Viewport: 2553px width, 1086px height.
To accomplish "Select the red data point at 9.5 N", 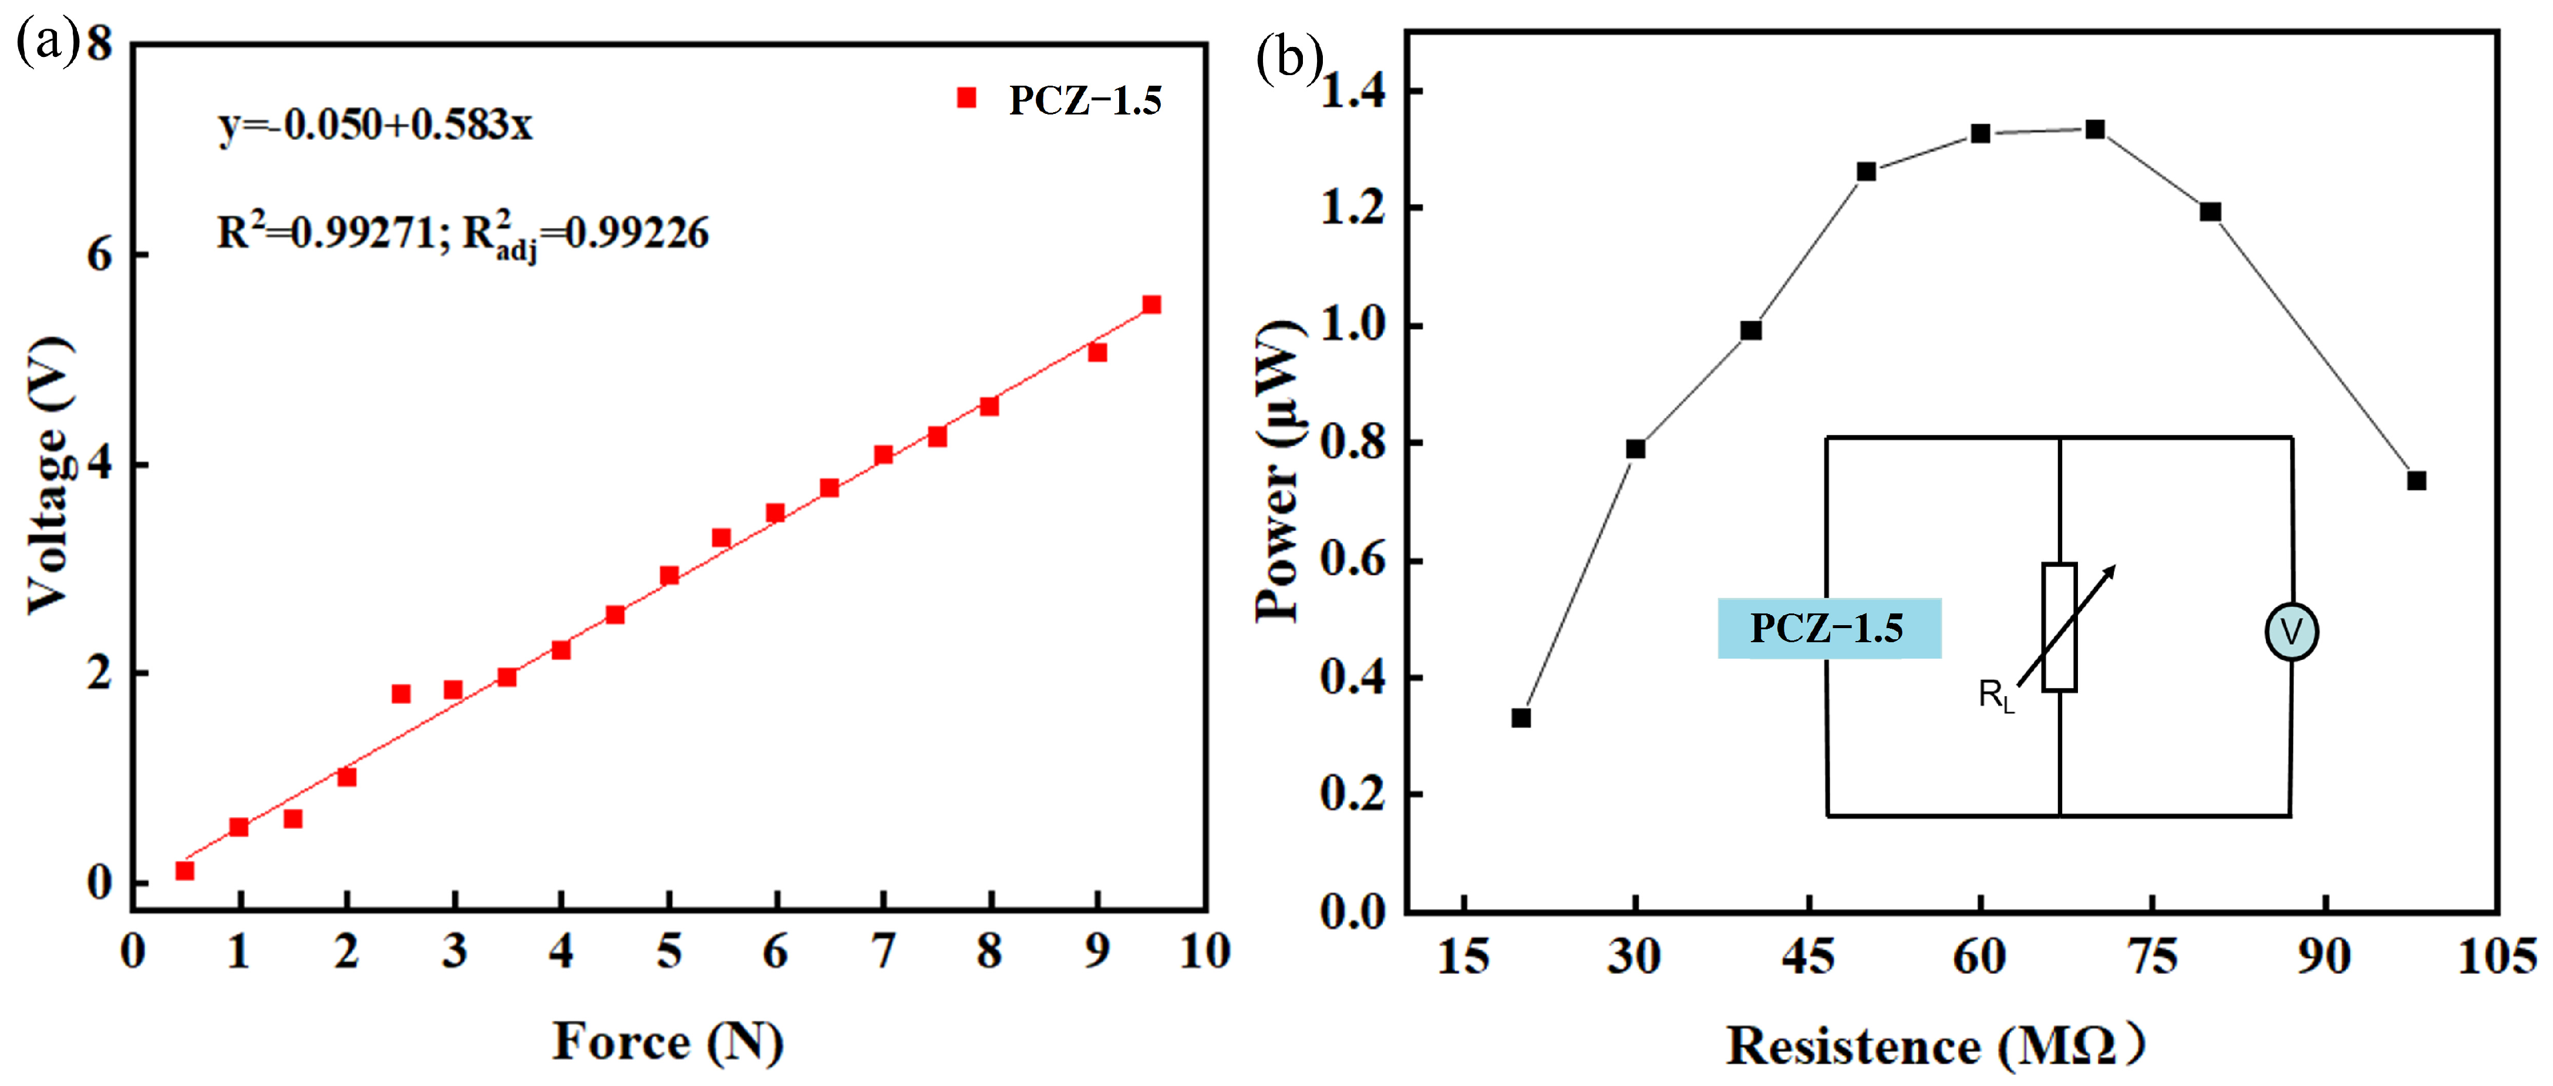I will click(x=1151, y=304).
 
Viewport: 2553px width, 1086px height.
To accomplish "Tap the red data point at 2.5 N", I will click(x=400, y=694).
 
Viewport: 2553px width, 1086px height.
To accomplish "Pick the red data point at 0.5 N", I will click(x=184, y=870).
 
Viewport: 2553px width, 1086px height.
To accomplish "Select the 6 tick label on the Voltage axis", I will click(x=100, y=255).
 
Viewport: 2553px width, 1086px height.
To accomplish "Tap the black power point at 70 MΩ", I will click(x=2095, y=130).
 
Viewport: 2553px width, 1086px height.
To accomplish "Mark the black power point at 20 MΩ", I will click(x=1521, y=717).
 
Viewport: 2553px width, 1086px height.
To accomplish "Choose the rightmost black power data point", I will click(x=2417, y=481).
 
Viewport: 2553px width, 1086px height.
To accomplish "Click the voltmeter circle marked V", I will click(x=2291, y=631).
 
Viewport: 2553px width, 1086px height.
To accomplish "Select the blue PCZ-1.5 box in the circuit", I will click(x=1828, y=628).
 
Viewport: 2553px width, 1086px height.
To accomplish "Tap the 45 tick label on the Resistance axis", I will click(x=1808, y=957).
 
